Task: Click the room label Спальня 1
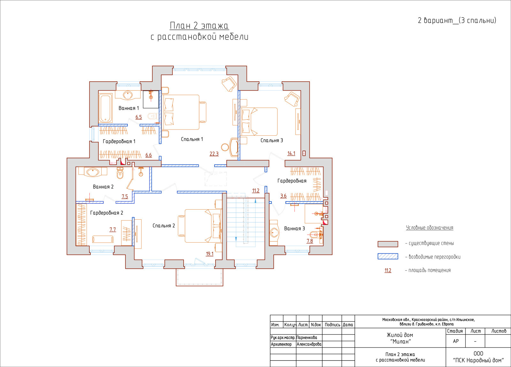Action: pos(192,139)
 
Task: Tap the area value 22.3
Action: pos(214,154)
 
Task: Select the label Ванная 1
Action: pos(129,108)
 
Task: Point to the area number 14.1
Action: pos(291,154)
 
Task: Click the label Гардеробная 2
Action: pos(107,213)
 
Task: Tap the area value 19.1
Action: pos(210,254)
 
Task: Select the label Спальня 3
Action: pos(272,140)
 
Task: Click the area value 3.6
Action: pos(283,196)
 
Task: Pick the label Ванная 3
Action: pos(294,228)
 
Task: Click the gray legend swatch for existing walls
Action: pos(388,244)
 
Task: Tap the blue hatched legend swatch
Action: pos(388,257)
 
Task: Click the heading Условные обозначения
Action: pos(430,228)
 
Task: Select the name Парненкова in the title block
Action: pos(307,337)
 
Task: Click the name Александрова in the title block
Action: pos(309,344)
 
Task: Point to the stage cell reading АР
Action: pos(456,341)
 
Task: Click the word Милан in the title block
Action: pos(400,341)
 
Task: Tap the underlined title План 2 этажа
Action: pos(199,26)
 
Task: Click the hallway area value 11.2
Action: pos(256,191)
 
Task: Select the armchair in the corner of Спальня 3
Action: pos(292,99)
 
